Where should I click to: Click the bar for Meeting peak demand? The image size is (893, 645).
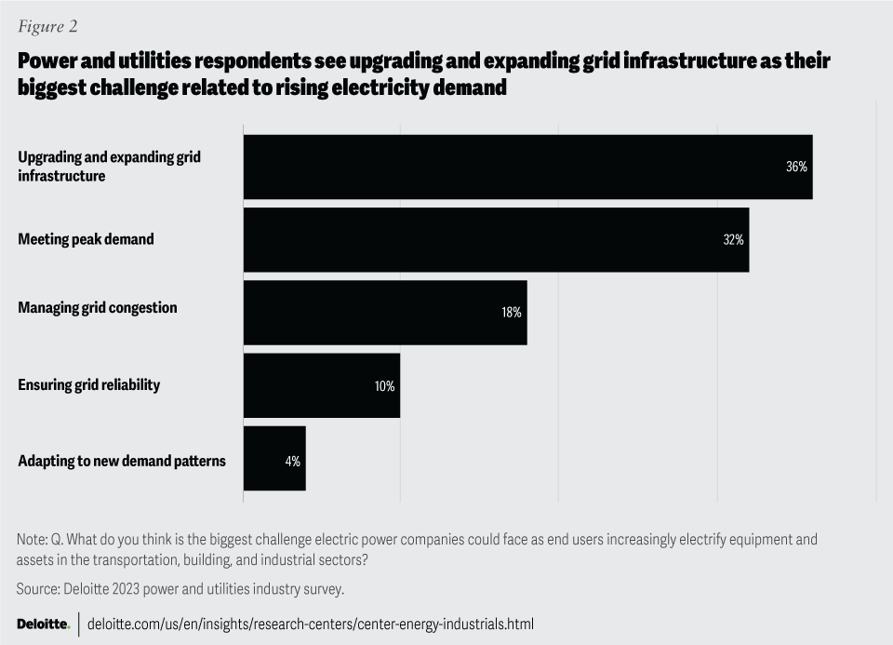coord(496,240)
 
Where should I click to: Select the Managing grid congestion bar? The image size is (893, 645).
coord(385,313)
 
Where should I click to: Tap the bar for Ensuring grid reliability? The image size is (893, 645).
coord(321,385)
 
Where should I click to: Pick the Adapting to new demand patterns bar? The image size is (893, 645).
coord(274,458)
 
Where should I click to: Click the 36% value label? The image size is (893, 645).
coord(796,168)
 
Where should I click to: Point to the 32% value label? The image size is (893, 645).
coord(733,240)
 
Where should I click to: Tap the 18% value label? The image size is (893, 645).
coord(512,313)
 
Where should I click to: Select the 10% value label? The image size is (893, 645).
coord(384,385)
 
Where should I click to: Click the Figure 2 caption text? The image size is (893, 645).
coord(47,26)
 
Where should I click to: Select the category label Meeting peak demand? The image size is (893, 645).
coord(86,240)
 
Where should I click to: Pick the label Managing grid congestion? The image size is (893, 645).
coord(98,307)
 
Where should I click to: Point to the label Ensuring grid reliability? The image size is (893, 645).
coord(89,384)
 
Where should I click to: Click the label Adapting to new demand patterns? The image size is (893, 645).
coord(122,461)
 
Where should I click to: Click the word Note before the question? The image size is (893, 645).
coord(32,539)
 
